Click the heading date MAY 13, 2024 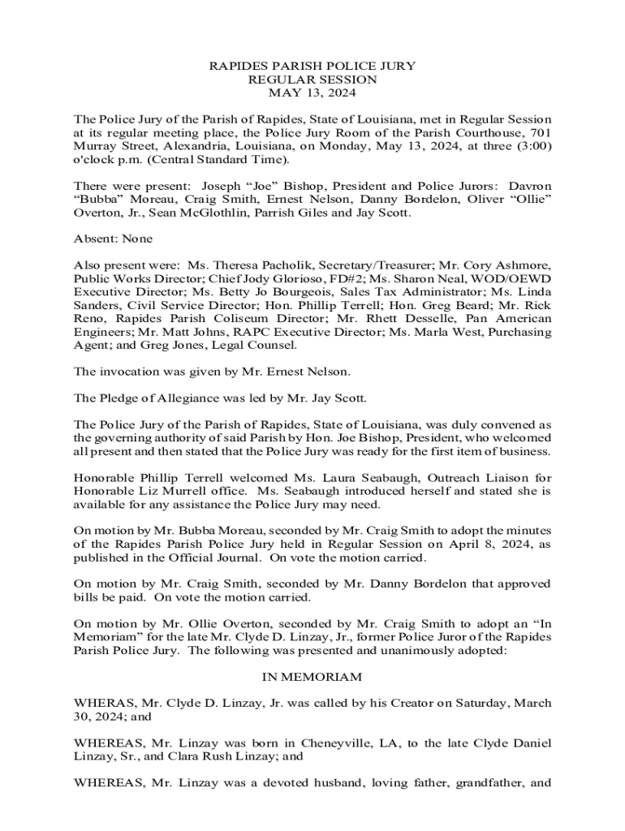coord(312,93)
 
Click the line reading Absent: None coord(113,239)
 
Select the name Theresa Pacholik coord(264,265)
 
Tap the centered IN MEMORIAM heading coord(312,677)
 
